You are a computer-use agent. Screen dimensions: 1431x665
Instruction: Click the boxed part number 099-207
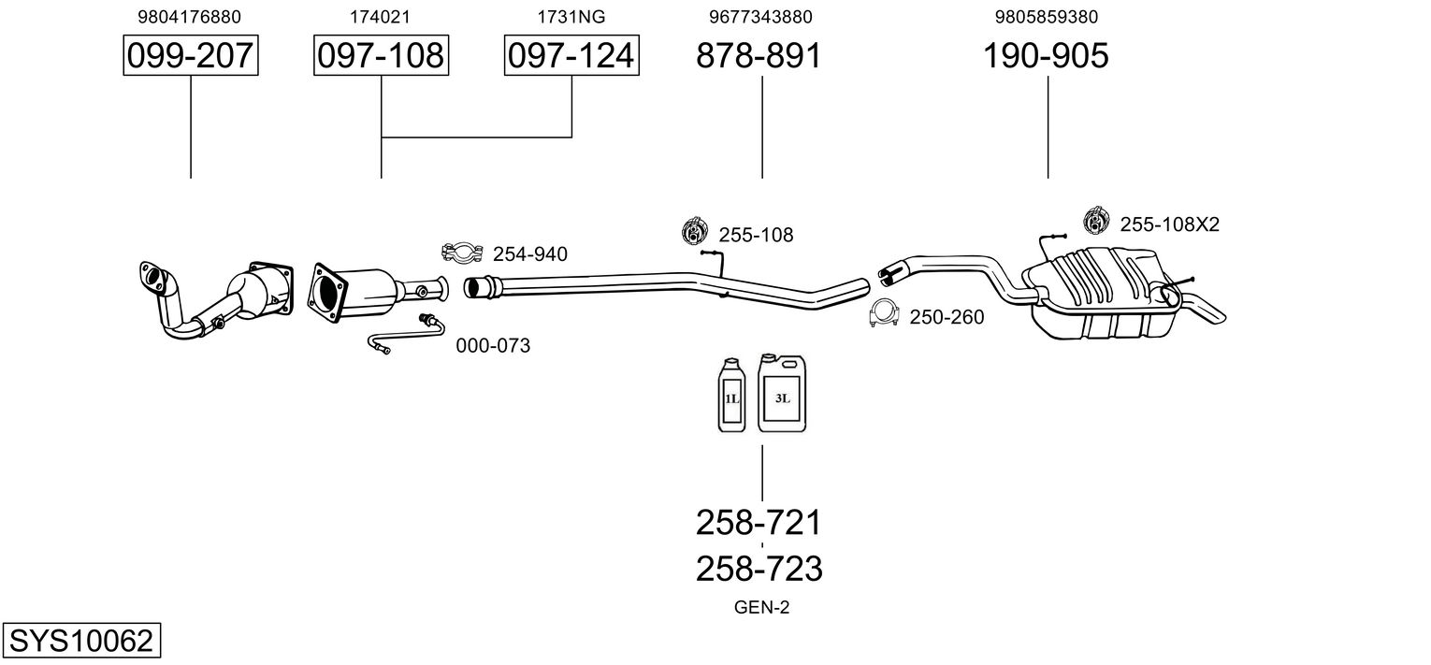(x=191, y=55)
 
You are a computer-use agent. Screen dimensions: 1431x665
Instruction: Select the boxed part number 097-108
(x=381, y=55)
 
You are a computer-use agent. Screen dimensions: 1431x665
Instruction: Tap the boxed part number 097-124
(x=571, y=55)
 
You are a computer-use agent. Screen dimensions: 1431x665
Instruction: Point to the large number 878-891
(x=759, y=55)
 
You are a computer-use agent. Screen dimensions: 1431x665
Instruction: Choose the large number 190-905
(x=1046, y=55)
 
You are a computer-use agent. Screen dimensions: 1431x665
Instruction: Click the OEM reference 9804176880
(x=190, y=17)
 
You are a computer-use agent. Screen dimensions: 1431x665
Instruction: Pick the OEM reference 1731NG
(x=571, y=17)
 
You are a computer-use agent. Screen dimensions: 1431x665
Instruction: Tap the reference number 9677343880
(x=760, y=17)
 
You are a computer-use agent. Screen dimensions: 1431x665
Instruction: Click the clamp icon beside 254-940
(x=462, y=253)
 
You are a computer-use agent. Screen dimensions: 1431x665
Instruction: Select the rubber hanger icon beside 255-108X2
(x=1096, y=221)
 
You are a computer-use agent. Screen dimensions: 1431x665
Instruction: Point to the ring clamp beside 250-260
(x=884, y=313)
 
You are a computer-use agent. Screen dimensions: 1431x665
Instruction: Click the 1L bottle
(x=731, y=395)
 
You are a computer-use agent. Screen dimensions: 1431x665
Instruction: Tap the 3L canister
(x=782, y=392)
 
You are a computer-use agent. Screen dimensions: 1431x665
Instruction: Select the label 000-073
(x=493, y=346)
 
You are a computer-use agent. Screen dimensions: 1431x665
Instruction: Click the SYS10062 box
(x=81, y=640)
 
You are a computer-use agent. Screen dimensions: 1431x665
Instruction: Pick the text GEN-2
(x=761, y=607)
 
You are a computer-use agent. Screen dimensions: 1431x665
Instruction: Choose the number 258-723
(x=759, y=569)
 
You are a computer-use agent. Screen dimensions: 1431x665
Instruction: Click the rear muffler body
(x=1102, y=294)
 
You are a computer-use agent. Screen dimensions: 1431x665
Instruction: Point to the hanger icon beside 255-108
(x=695, y=231)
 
